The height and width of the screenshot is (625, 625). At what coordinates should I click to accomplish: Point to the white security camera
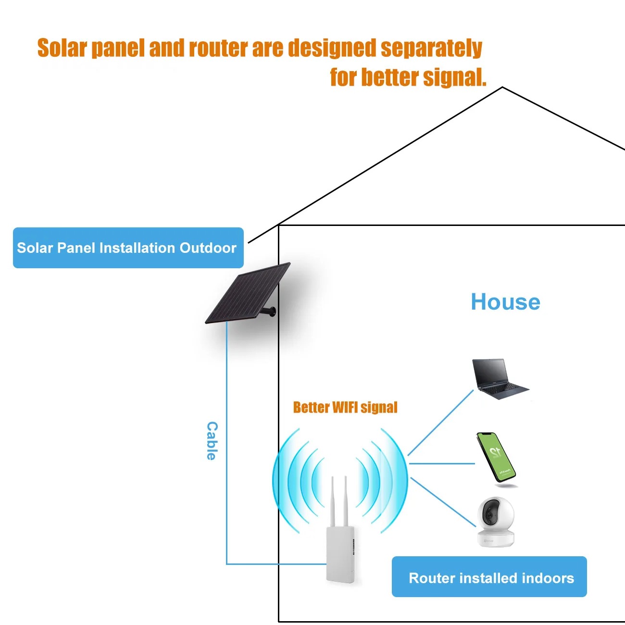pyautogui.click(x=495, y=522)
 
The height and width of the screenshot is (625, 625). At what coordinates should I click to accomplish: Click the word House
pyautogui.click(x=505, y=302)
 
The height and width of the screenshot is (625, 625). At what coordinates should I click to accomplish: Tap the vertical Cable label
pyautogui.click(x=212, y=441)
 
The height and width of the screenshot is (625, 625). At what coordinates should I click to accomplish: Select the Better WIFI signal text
pyautogui.click(x=345, y=407)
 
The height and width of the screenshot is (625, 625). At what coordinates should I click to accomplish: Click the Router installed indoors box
pyautogui.click(x=489, y=577)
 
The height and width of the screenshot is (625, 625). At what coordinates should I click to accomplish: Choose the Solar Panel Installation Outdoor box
pyautogui.click(x=128, y=248)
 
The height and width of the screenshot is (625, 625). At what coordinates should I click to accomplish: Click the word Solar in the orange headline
pyautogui.click(x=62, y=48)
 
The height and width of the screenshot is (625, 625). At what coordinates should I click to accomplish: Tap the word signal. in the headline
pyautogui.click(x=454, y=77)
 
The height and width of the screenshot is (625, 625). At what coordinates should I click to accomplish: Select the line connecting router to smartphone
pyautogui.click(x=442, y=463)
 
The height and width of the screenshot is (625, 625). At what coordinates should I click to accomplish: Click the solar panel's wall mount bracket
pyautogui.click(x=271, y=312)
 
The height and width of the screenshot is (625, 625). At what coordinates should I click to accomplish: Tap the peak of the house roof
pyautogui.click(x=502, y=87)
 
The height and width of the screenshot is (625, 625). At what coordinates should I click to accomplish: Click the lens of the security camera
pyautogui.click(x=489, y=515)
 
